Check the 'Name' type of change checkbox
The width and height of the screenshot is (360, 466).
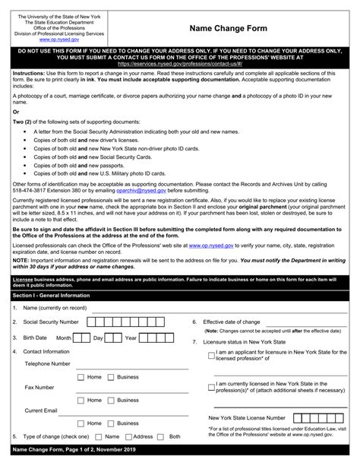point(98,437)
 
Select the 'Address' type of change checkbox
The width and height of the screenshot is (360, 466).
point(127,437)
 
